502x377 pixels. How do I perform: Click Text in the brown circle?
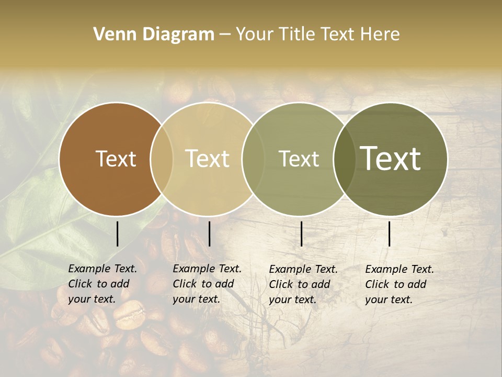tap(116, 159)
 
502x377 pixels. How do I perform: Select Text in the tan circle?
tap(208, 159)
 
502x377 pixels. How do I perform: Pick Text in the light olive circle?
tap(299, 159)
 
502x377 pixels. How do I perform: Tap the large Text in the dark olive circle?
tap(391, 158)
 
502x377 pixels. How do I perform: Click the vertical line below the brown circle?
tap(117, 234)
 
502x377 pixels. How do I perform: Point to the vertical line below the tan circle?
tap(209, 234)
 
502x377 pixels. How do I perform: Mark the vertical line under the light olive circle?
tap(301, 234)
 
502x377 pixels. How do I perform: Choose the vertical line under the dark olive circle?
tap(389, 234)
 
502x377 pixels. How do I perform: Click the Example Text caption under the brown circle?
tap(102, 284)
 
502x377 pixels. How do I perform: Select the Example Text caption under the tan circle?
tap(207, 284)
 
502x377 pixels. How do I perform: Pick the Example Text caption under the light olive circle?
tap(303, 284)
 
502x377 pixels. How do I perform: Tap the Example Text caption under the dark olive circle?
tap(400, 284)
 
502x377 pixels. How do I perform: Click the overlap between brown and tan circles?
tap(162, 159)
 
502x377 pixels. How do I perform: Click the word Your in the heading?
tap(254, 35)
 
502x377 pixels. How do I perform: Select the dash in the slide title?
tap(225, 35)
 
